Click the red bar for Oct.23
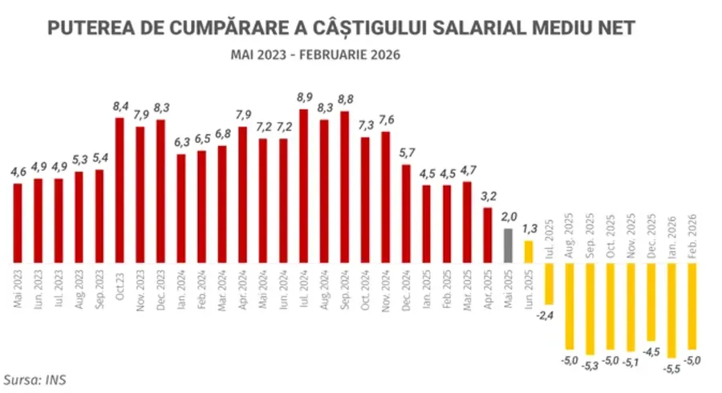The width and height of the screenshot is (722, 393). click(x=120, y=190)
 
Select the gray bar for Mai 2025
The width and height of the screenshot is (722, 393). click(x=507, y=245)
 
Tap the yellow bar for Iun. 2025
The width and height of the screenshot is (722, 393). click(x=528, y=252)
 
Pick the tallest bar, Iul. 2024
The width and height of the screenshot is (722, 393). click(x=303, y=186)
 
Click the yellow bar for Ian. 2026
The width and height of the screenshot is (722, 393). click(x=671, y=310)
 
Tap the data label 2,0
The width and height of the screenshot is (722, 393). click(x=507, y=217)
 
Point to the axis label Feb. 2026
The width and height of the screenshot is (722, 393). click(x=692, y=237)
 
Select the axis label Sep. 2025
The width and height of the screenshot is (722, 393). click(x=589, y=237)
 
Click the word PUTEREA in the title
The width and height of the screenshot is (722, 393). click(x=86, y=29)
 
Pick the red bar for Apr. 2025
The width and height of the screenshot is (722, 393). click(x=487, y=236)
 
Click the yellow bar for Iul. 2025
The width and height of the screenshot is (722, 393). click(x=548, y=284)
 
